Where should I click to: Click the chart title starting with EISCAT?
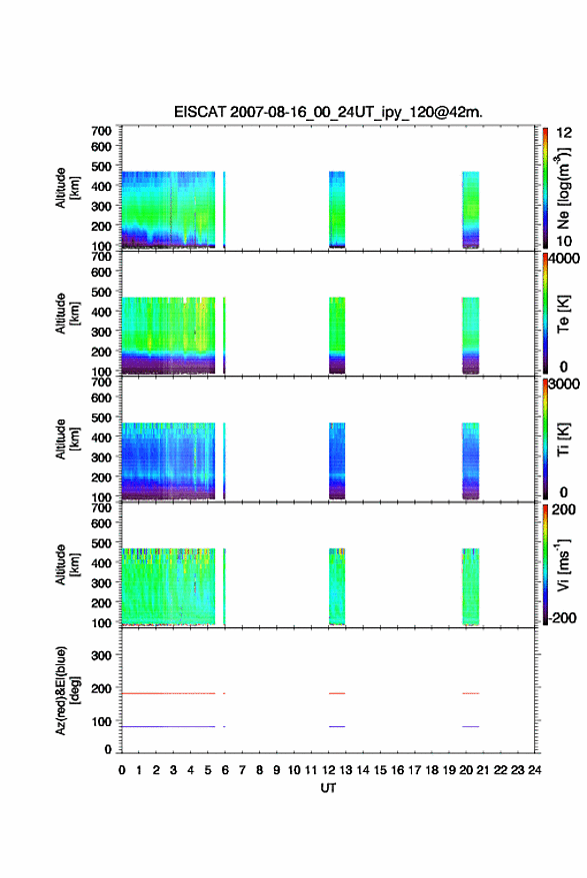click(x=328, y=112)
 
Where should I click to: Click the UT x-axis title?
click(x=328, y=788)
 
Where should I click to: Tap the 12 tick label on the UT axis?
click(x=329, y=770)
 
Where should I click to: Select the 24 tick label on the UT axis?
click(x=534, y=770)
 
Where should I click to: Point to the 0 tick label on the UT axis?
click(x=122, y=770)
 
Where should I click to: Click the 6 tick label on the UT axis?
click(x=225, y=770)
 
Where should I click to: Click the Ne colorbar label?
click(x=563, y=188)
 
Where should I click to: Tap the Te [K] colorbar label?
click(x=563, y=314)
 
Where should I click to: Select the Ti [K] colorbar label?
click(x=563, y=439)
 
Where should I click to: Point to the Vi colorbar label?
click(x=563, y=565)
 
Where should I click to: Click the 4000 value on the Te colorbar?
click(x=564, y=259)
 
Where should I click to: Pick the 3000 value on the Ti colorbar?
click(x=564, y=385)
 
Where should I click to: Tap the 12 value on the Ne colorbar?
click(x=564, y=133)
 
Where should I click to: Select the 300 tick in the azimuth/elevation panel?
click(x=101, y=654)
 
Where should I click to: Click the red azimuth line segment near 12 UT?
click(x=337, y=693)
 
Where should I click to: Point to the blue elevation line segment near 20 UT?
click(x=470, y=726)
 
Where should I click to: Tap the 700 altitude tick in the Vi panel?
click(x=101, y=507)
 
